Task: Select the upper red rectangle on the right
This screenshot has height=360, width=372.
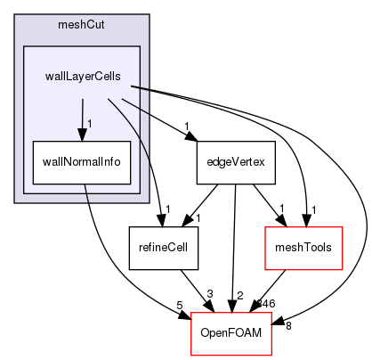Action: tap(303, 248)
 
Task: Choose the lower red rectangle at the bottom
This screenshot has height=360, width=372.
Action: tap(230, 333)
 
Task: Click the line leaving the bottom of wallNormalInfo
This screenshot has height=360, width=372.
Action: tap(87, 193)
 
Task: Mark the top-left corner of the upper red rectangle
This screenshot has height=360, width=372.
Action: tap(266, 227)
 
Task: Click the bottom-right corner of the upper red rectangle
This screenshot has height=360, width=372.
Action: tap(343, 269)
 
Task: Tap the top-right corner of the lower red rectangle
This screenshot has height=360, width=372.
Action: tap(271, 313)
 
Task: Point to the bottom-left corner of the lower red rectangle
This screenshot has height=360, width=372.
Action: tap(191, 355)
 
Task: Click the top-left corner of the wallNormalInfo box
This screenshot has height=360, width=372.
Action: tap(33, 141)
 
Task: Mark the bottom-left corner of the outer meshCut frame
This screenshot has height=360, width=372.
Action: tap(15, 202)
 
